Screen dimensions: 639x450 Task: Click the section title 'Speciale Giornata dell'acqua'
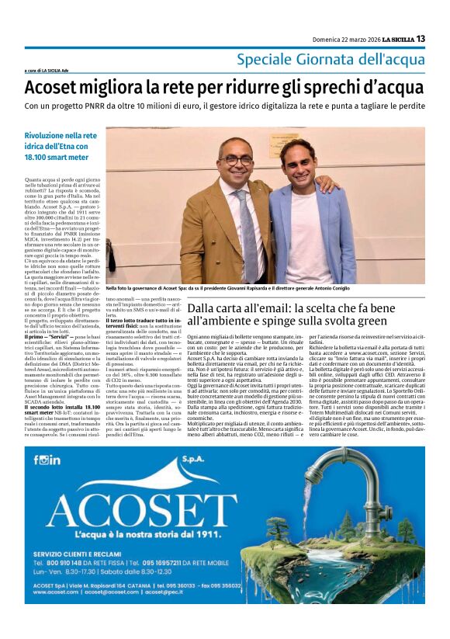click(331, 59)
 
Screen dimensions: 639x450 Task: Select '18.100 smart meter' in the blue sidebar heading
click(58, 158)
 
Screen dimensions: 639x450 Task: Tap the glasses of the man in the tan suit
click(237, 160)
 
